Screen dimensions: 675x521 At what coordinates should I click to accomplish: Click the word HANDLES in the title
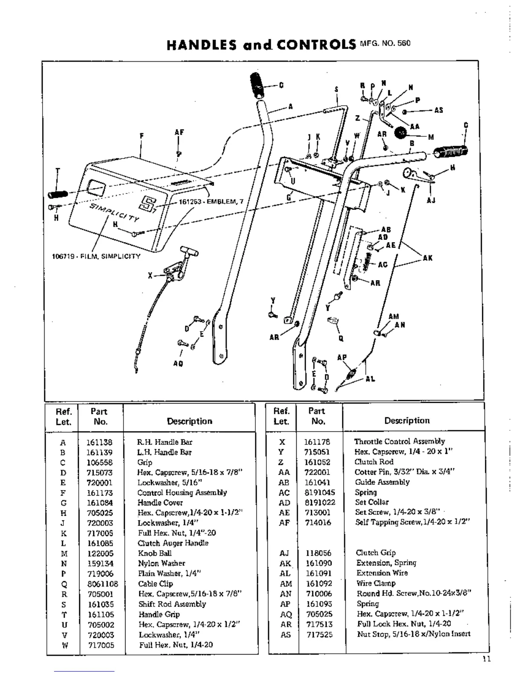pyautogui.click(x=201, y=45)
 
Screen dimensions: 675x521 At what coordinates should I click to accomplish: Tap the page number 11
pyautogui.click(x=486, y=659)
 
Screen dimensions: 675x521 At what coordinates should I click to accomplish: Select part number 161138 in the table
pyautogui.click(x=99, y=442)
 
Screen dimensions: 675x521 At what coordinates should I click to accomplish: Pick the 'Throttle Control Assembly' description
pyautogui.click(x=399, y=441)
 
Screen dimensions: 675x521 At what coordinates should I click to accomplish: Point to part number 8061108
pyautogui.click(x=103, y=584)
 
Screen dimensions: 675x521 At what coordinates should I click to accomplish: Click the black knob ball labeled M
pyautogui.click(x=401, y=133)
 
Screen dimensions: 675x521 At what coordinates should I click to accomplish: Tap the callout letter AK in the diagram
pyautogui.click(x=427, y=258)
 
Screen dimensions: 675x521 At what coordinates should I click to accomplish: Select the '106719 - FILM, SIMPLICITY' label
pyautogui.click(x=96, y=257)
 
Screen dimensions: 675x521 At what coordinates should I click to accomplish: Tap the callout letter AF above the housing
pyautogui.click(x=179, y=133)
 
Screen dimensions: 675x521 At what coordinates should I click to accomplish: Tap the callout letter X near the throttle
pyautogui.click(x=150, y=276)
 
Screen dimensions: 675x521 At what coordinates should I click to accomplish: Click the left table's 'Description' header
pyautogui.click(x=189, y=421)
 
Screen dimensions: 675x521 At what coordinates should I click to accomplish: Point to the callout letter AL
pyautogui.click(x=370, y=379)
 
